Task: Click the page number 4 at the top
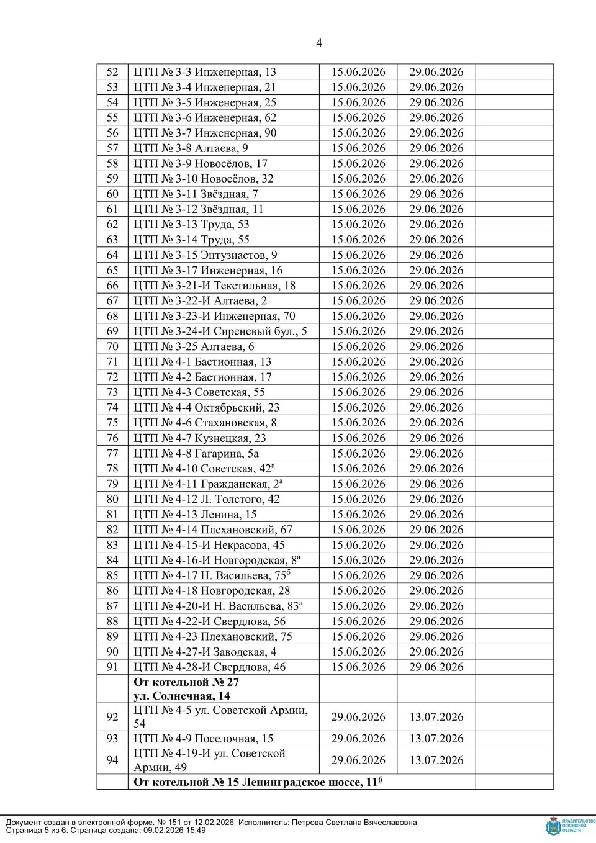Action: pos(319,43)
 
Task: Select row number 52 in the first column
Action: pos(112,72)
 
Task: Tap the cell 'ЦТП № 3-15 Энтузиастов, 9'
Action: pos(205,255)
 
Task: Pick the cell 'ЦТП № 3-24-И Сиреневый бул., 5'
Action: pos(220,331)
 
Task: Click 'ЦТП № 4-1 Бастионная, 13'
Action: pos(202,362)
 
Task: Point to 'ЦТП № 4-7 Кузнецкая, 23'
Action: pos(200,438)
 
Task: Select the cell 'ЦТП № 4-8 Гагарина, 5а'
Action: pos(196,454)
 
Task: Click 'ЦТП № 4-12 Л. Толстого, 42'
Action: pos(207,499)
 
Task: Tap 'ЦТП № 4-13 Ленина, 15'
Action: pos(195,515)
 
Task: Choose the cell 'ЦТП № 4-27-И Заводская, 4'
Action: pos(205,652)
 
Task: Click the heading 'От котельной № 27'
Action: pos(187,682)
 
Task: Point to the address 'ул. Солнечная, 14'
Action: pos(182,696)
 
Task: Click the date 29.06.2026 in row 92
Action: pos(358,717)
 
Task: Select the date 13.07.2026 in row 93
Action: pos(436,739)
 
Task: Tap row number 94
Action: pos(112,760)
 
